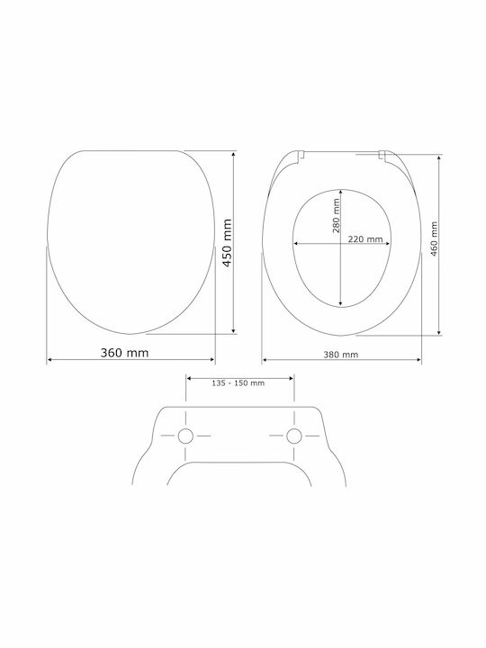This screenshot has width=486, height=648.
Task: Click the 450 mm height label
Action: click(228, 243)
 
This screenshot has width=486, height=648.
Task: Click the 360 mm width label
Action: click(124, 353)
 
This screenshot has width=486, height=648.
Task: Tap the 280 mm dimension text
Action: click(337, 216)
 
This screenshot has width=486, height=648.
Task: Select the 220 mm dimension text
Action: click(365, 239)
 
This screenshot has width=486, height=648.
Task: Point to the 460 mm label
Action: click(434, 238)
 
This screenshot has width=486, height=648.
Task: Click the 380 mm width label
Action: click(341, 355)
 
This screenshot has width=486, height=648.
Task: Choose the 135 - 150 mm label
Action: click(238, 383)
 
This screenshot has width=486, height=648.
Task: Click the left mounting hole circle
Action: click(185, 436)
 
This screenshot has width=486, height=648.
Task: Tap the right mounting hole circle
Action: click(294, 436)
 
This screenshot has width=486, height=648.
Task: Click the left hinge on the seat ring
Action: click(301, 156)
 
